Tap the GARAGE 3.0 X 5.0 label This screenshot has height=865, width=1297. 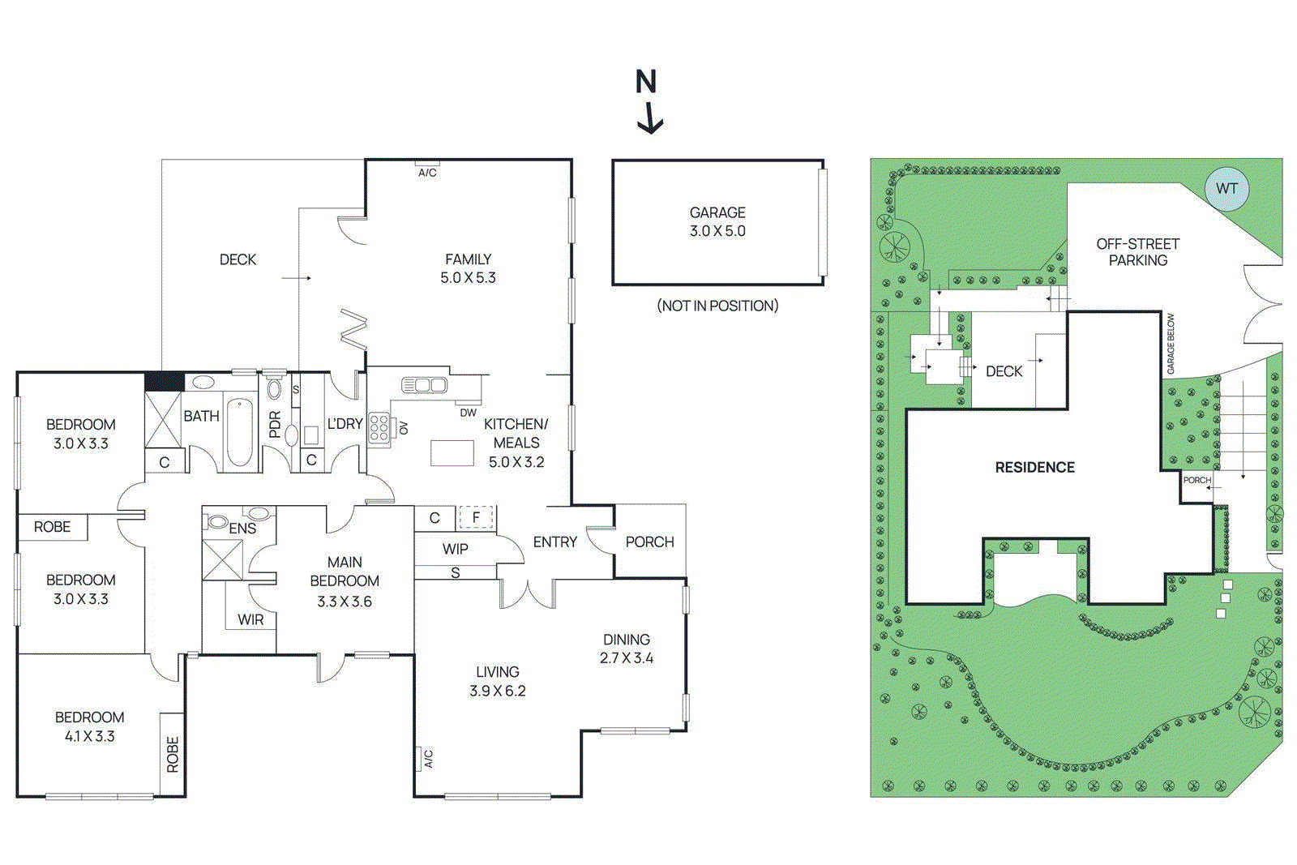[717, 221]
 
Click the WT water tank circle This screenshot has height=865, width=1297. [1226, 189]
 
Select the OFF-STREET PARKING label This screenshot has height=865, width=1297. [1137, 252]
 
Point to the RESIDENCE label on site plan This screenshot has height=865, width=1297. [1034, 468]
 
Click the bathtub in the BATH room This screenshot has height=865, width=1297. [239, 430]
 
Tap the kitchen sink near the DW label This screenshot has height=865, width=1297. [424, 384]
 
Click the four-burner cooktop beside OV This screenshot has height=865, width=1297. [379, 427]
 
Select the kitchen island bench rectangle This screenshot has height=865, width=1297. [452, 452]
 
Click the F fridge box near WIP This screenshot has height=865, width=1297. [476, 517]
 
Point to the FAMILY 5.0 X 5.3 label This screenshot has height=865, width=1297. [468, 268]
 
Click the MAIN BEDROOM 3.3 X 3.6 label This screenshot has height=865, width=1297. [345, 581]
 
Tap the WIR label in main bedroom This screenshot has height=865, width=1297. [250, 620]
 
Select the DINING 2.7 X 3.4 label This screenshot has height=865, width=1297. [626, 649]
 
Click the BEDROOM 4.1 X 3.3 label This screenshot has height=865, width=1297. [89, 726]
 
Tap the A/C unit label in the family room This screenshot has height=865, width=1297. [427, 172]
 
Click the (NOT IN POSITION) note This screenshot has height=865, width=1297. [717, 306]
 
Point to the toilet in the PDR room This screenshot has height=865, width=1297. [274, 387]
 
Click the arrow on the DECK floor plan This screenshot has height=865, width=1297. [297, 278]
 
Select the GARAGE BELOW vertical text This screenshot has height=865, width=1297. [1171, 344]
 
